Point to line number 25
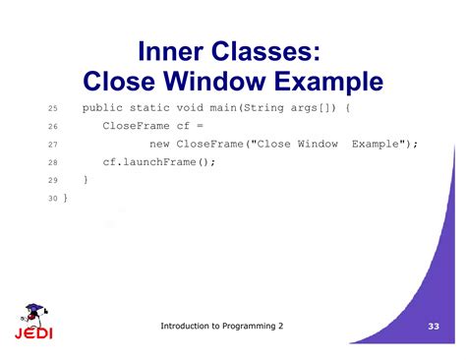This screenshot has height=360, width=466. [x=53, y=107]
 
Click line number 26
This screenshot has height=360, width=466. [x=53, y=126]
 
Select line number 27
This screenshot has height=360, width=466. [x=53, y=144]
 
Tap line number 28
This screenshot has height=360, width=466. [x=53, y=162]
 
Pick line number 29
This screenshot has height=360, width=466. [x=53, y=180]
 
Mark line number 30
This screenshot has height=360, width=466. [x=53, y=199]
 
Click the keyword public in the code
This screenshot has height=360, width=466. [x=105, y=107]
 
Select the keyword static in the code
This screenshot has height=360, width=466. [x=155, y=107]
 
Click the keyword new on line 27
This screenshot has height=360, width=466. [x=160, y=144]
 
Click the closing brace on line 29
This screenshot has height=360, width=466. [x=86, y=180]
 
